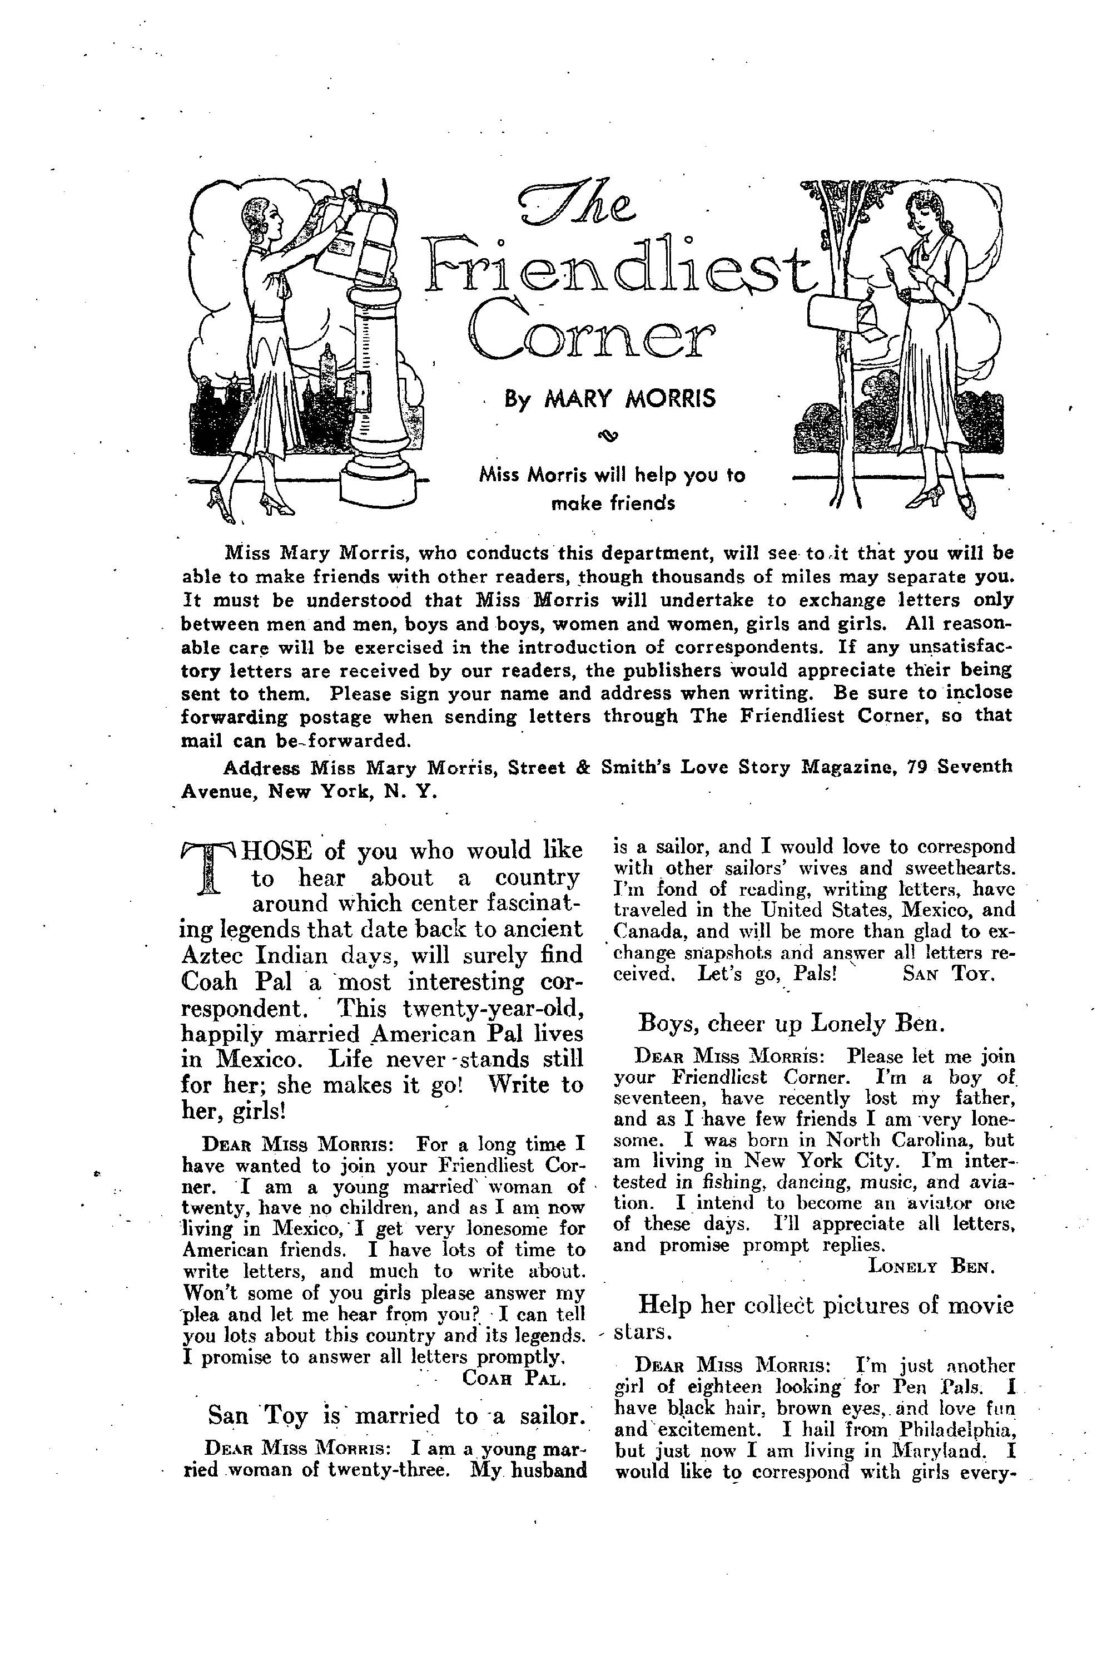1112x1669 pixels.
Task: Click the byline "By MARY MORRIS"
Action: (610, 399)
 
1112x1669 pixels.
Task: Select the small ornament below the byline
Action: (610, 436)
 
